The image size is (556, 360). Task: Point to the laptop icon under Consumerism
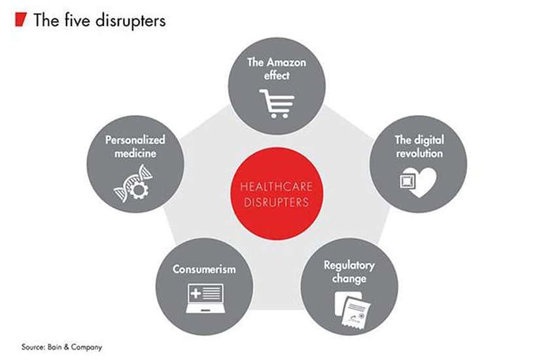pyautogui.click(x=204, y=298)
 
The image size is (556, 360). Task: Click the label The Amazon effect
pyautogui.click(x=277, y=69)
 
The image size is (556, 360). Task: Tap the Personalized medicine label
pyautogui.click(x=135, y=147)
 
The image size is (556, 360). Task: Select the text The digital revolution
pyautogui.click(x=419, y=147)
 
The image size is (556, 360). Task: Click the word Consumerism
pyautogui.click(x=204, y=269)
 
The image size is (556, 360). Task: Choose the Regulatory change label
pyautogui.click(x=349, y=272)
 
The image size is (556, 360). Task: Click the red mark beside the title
pyautogui.click(x=20, y=20)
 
